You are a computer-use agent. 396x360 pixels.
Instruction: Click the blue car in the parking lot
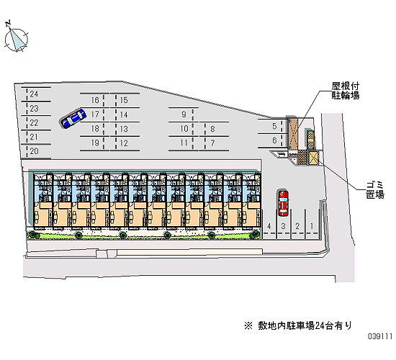(73, 118)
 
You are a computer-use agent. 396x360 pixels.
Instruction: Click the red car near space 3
(283, 203)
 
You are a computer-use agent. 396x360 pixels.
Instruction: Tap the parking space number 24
(34, 94)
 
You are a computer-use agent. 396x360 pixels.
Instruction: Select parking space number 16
(95, 100)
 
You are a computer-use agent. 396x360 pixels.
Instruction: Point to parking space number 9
(184, 114)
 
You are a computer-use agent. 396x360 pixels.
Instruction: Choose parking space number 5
(274, 126)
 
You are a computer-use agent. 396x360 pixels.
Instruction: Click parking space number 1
(312, 226)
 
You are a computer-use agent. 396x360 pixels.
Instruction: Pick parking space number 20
(34, 151)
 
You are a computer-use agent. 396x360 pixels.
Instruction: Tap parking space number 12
(124, 143)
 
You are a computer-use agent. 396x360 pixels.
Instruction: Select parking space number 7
(212, 143)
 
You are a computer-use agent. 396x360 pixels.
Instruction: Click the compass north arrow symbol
(17, 40)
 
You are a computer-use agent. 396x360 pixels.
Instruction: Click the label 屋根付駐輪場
(345, 91)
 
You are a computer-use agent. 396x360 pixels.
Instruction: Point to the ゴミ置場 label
(375, 190)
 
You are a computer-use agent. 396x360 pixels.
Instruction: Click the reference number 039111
(380, 336)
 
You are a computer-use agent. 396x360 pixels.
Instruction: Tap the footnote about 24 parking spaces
(298, 325)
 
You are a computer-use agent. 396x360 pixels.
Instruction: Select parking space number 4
(269, 226)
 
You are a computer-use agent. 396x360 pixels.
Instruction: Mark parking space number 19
(95, 143)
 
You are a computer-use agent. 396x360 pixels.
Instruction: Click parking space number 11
(184, 143)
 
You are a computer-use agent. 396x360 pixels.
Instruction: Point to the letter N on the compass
(8, 23)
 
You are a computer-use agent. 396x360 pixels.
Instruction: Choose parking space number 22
(34, 123)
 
